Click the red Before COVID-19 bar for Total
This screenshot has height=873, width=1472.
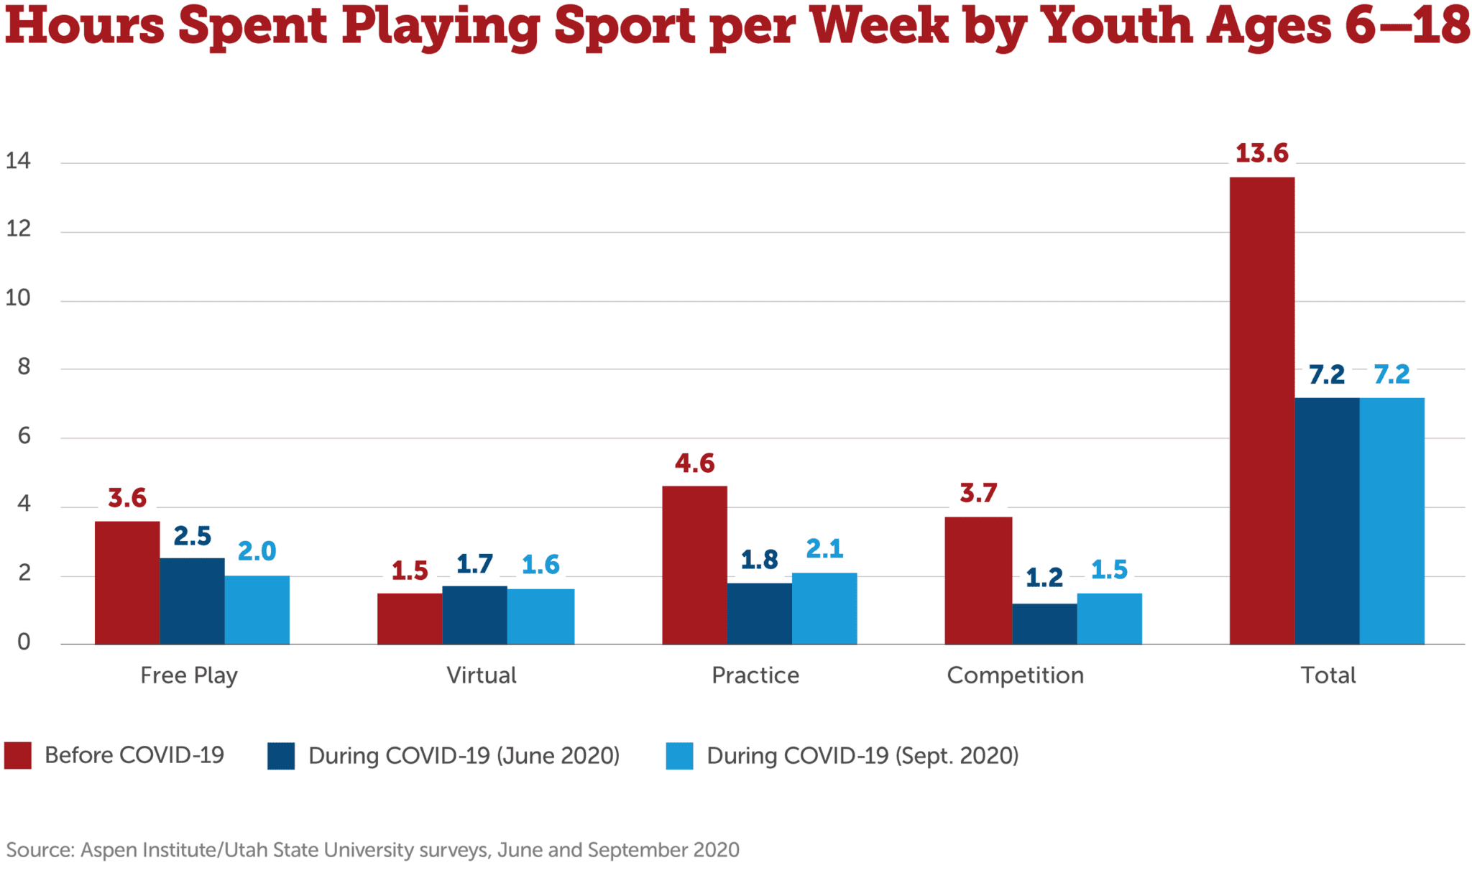tap(1261, 410)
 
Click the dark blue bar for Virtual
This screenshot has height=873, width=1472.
tap(474, 615)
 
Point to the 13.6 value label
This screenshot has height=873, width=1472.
tap(1261, 153)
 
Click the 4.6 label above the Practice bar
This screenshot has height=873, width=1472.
tap(694, 463)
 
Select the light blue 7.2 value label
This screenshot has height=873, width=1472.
tap(1391, 374)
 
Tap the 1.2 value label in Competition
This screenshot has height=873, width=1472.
tap(1044, 578)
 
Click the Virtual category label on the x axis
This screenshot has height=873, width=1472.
tap(481, 675)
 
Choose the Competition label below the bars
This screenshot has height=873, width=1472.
tap(1015, 675)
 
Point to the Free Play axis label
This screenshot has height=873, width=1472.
tap(188, 675)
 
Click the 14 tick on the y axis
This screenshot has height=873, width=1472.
tap(18, 161)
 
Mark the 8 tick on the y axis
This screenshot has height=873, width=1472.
tap(24, 367)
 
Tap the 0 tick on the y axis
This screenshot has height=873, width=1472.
tap(24, 642)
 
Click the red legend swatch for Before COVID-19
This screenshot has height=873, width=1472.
tap(18, 756)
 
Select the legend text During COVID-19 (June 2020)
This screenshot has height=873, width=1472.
tap(464, 756)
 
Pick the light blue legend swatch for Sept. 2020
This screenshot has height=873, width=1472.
tap(679, 756)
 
